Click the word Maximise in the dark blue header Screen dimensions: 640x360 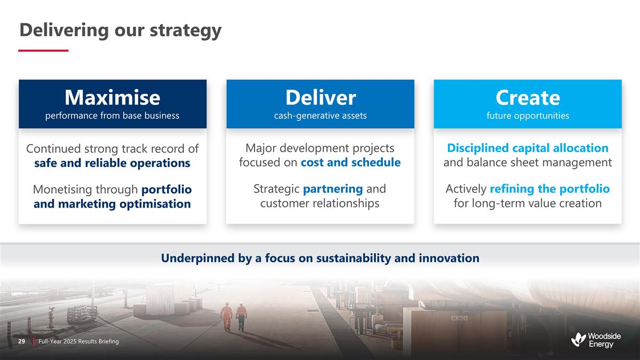point(113,98)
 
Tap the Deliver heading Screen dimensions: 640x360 point(321,98)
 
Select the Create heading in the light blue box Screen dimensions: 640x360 point(527,98)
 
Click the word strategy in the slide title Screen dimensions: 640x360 point(186,30)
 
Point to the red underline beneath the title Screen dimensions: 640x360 point(43,51)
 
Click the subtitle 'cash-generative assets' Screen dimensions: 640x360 point(321,116)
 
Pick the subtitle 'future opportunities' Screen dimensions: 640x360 point(527,116)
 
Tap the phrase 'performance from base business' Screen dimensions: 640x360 point(113,115)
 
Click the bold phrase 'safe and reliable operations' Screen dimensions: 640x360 point(113,163)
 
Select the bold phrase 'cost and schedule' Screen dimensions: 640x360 point(350,162)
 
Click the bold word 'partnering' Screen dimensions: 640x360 point(333,189)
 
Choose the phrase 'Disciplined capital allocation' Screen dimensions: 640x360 point(527,148)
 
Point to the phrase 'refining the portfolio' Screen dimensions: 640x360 point(550,189)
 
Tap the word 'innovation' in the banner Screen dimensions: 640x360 point(449,258)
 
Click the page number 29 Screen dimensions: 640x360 point(22,341)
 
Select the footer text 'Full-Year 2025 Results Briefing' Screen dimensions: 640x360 point(78,341)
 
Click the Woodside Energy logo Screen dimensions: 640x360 point(596,340)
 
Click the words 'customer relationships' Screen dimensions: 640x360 point(319,203)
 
